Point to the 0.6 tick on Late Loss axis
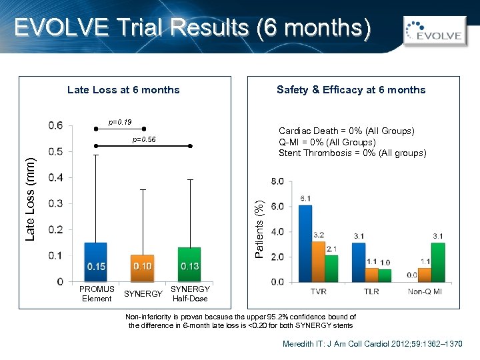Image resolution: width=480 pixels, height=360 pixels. point(56,125)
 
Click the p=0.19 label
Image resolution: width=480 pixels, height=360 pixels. point(120,122)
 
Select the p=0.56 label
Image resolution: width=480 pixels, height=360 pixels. point(143,139)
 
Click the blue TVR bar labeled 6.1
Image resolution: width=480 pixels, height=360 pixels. point(305,243)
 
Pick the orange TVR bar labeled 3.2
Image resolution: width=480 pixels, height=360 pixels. point(318,261)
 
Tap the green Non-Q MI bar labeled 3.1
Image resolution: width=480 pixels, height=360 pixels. point(438,262)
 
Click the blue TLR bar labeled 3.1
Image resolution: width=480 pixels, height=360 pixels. point(359,262)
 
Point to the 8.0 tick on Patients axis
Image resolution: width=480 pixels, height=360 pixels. point(277,181)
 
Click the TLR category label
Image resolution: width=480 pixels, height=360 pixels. point(372,292)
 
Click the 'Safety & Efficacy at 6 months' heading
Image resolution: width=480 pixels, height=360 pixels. point(351,90)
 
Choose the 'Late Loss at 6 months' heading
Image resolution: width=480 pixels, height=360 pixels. point(123,90)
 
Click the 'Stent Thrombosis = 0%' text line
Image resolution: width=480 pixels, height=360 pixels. point(352,153)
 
